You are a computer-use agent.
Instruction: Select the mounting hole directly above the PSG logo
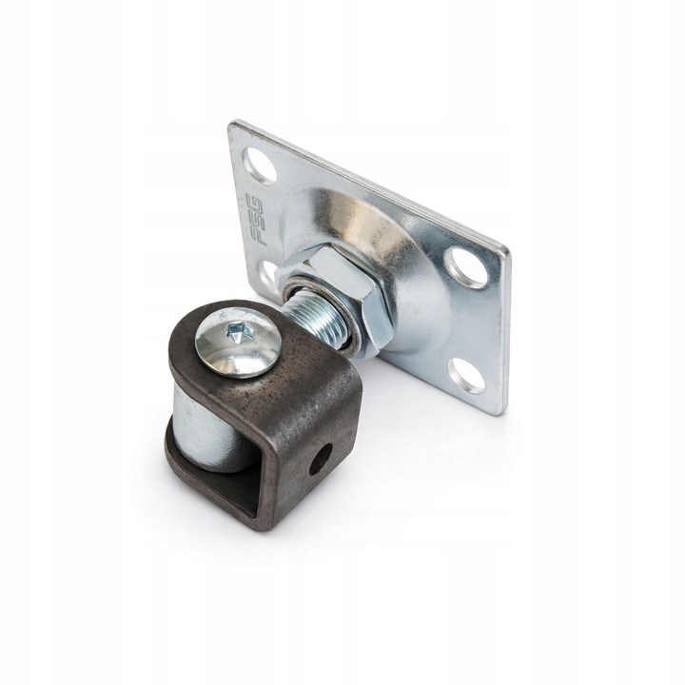pyautogui.click(x=261, y=166)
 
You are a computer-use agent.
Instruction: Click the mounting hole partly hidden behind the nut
pyautogui.click(x=266, y=271)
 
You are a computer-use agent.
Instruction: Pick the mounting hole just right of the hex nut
pyautogui.click(x=468, y=266)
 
